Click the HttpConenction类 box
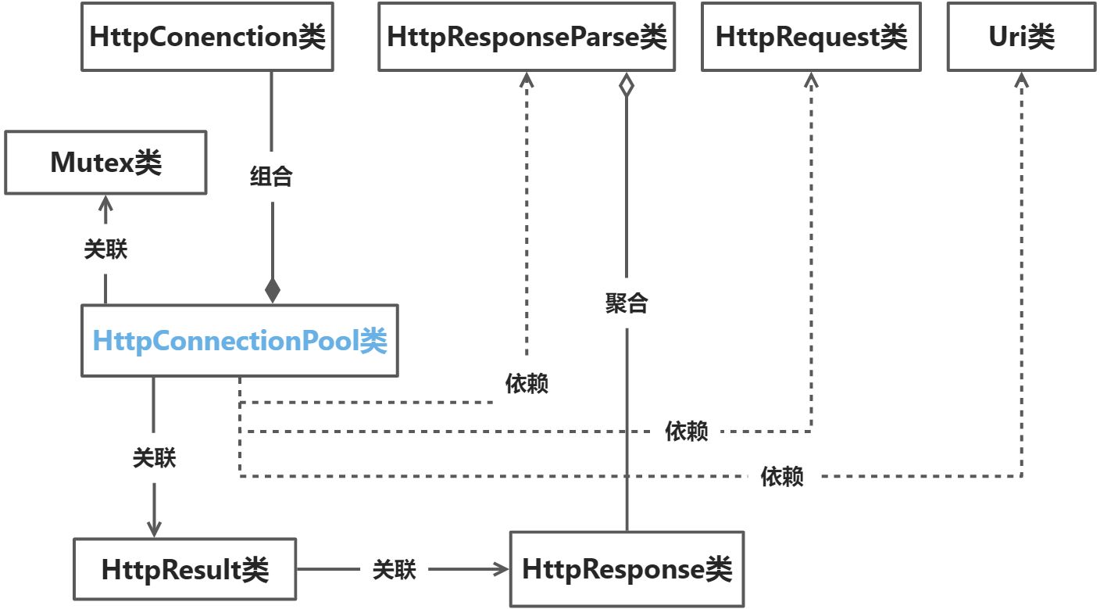tap(207, 37)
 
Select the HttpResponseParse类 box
tap(527, 37)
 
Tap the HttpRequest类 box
tap(811, 37)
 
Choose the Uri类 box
tap(1021, 37)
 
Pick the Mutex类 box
tap(105, 163)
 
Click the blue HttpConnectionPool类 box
tap(240, 341)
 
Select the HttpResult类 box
tap(184, 569)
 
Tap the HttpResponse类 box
tap(627, 568)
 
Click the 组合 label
tap(271, 177)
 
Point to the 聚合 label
tap(627, 303)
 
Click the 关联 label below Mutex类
tap(105, 249)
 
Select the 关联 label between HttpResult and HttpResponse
tap(394, 570)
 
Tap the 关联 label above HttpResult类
tap(154, 458)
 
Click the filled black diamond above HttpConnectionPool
tap(273, 291)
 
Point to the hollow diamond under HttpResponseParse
tap(626, 85)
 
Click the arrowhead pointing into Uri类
tap(1021, 79)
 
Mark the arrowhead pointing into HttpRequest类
tap(811, 79)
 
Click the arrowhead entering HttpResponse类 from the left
tap(502, 569)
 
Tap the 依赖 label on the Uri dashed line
tap(782, 476)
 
